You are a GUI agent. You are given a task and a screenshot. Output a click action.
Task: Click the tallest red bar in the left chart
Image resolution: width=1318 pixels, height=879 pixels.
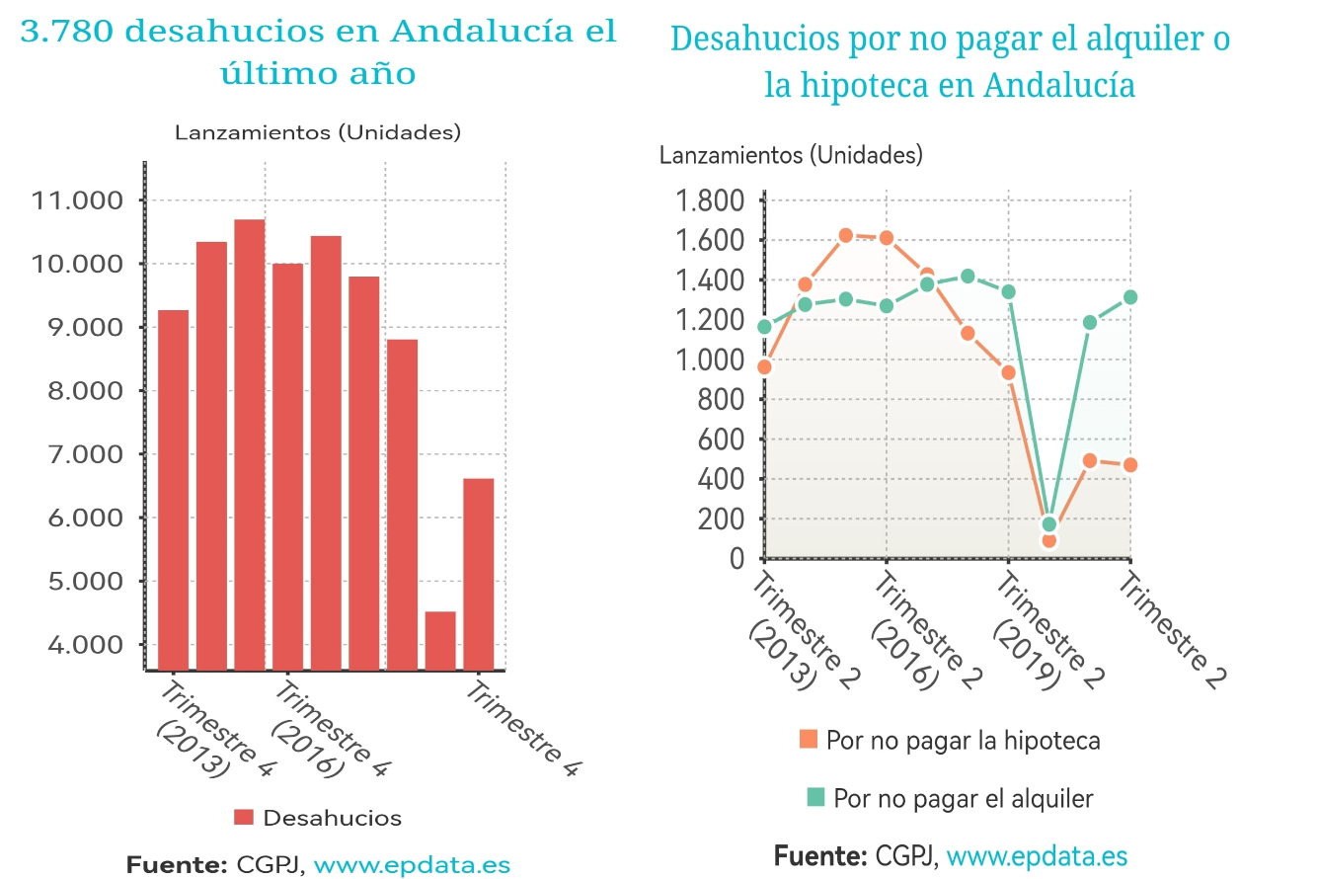point(250,444)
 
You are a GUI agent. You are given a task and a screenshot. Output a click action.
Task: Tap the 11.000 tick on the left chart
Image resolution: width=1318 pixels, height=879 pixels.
point(78,201)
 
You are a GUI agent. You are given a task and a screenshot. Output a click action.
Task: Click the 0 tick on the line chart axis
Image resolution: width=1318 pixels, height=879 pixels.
point(736,559)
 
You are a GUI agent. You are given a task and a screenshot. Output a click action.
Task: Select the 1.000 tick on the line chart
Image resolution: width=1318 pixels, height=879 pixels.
point(707,360)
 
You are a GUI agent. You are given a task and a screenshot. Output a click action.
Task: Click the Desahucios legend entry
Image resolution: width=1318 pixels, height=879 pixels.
point(318,818)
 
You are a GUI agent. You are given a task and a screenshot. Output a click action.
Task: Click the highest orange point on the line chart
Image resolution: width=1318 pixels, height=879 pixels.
point(846,235)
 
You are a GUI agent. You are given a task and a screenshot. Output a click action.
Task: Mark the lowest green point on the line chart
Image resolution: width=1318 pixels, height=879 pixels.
point(1048,524)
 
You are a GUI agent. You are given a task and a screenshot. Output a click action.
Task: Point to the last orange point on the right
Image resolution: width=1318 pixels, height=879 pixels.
point(1130,465)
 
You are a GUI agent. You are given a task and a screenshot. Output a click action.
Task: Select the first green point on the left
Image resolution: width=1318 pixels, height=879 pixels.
point(764,327)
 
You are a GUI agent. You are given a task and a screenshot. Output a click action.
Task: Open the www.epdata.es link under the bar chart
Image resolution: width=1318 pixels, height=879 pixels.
point(412,865)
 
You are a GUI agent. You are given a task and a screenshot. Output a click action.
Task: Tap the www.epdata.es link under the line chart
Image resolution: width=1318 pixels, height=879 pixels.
point(1037,855)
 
